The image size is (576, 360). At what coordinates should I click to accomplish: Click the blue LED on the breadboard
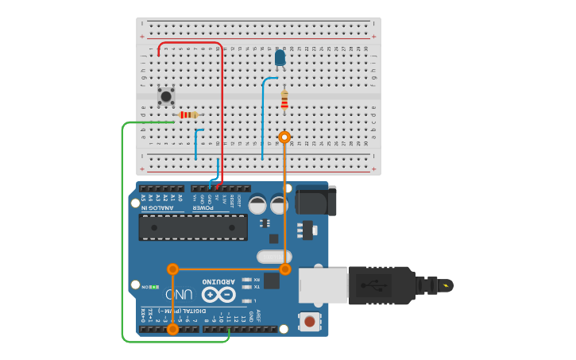[x=280, y=57]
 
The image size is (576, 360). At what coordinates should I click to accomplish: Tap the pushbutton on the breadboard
[x=165, y=96]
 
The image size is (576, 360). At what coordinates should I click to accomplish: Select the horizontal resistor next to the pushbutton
[x=187, y=114]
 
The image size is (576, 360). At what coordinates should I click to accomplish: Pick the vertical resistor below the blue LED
[x=284, y=99]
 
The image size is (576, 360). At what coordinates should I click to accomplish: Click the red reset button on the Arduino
[x=309, y=321]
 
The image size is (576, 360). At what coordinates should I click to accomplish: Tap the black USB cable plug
[x=381, y=285]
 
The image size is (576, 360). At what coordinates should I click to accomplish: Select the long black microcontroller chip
[x=193, y=226]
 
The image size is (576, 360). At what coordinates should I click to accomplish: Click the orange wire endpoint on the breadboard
[x=284, y=137]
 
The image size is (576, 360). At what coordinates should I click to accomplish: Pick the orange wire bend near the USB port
[x=285, y=269]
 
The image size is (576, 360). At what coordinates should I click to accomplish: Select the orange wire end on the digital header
[x=172, y=328]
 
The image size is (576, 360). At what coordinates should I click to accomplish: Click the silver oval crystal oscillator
[x=274, y=256]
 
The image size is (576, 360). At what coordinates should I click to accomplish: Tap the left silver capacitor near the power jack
[x=257, y=204]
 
